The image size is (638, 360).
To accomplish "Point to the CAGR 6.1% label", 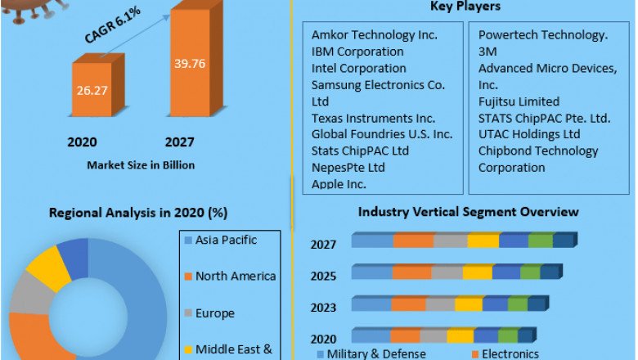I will point(112,31).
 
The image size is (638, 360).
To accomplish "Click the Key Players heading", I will point(465,7).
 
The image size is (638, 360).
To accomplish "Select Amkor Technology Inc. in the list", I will point(375,35).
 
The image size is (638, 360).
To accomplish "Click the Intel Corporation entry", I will point(359,68).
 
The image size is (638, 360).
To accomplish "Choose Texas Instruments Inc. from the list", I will point(373,118).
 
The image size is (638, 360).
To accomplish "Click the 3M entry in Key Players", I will point(488,52).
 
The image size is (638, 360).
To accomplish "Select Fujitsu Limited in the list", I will point(519,101).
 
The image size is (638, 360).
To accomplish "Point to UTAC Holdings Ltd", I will point(529,134).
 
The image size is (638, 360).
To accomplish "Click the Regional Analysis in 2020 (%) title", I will point(138,214).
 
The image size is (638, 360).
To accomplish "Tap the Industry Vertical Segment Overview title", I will point(468,212).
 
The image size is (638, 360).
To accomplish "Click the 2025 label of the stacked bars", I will point(322,275).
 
